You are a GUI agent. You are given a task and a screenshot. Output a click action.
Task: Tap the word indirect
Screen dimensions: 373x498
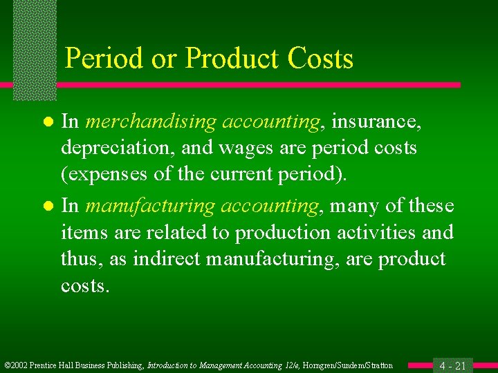click(x=163, y=259)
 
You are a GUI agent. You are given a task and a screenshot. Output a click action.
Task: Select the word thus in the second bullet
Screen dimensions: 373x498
click(x=81, y=259)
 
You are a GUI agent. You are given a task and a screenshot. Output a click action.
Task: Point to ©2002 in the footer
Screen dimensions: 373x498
click(x=17, y=365)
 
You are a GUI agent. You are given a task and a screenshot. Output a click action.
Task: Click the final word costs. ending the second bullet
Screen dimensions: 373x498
click(x=85, y=285)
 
